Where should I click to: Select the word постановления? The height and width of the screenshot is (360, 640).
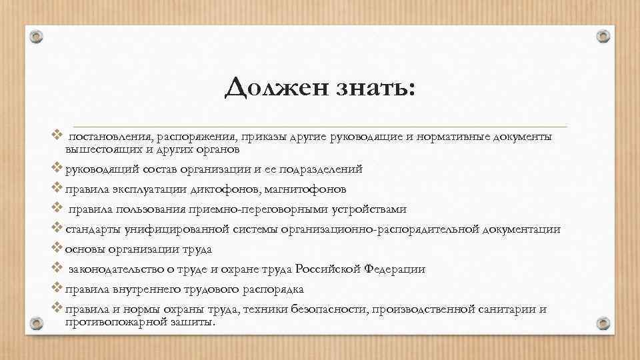pyautogui.click(x=109, y=137)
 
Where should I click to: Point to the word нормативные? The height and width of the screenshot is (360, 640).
pyautogui.click(x=454, y=137)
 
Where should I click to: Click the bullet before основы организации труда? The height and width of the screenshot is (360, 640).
pyautogui.click(x=56, y=249)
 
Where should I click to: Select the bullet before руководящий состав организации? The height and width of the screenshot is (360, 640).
pyautogui.click(x=56, y=168)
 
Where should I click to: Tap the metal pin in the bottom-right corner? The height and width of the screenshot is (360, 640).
pyautogui.click(x=603, y=323)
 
